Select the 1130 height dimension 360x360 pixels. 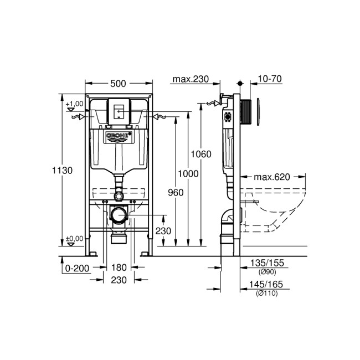click(63, 171)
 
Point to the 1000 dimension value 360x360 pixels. click(189, 173)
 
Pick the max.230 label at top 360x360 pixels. click(190, 79)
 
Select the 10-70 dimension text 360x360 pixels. click(270, 79)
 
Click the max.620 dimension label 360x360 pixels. click(272, 177)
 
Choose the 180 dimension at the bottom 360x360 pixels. click(118, 268)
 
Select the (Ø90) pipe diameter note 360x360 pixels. click(266, 272)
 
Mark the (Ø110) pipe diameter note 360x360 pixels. click(266, 293)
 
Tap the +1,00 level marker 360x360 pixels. click(74, 104)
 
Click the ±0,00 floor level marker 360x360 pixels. click(74, 239)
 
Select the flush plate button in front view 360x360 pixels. click(119, 111)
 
